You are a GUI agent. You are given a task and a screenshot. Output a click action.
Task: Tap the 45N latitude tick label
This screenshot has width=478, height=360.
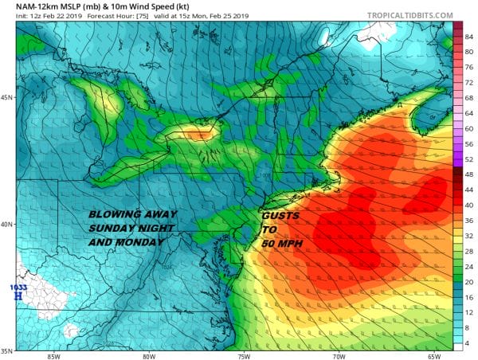click(8, 98)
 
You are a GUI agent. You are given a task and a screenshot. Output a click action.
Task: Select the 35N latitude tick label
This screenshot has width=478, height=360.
click(8, 350)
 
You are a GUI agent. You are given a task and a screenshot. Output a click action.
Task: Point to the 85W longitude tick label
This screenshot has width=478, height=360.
click(53, 355)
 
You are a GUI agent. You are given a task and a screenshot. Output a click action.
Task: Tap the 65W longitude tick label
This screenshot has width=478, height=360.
click(434, 355)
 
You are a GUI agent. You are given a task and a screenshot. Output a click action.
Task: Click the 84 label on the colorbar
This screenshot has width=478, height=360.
click(469, 35)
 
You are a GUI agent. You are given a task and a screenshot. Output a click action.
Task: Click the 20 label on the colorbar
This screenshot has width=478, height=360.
click(469, 281)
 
